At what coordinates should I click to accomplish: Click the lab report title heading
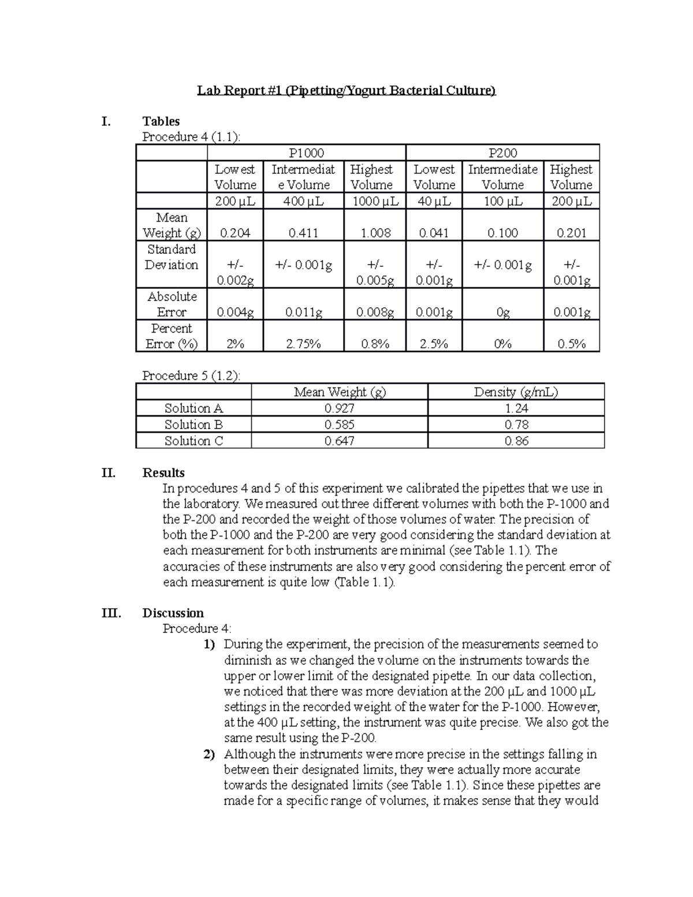pos(346,91)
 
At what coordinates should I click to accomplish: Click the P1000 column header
pos(306,153)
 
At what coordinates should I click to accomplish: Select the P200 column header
pos(502,153)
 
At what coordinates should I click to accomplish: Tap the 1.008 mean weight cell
pos(375,233)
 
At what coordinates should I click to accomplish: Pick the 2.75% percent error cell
pos(303,344)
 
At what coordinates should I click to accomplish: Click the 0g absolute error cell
pos(502,312)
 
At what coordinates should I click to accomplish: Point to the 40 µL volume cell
pos(434,201)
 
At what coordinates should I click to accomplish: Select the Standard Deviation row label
pos(172,257)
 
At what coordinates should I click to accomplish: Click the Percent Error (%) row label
pos(172,336)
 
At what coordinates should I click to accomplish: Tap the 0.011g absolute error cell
pos(303,312)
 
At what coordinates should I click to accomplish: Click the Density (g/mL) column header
pos(516,392)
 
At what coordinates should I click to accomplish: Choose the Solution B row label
pos(193,425)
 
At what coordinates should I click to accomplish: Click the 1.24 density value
pos(516,408)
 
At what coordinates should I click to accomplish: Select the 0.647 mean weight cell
pos(339,441)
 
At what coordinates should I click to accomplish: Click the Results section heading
pos(163,472)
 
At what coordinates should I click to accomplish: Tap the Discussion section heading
pos(173,613)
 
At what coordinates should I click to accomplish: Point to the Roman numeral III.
pos(111,613)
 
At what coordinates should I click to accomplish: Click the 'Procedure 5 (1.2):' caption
pos(191,375)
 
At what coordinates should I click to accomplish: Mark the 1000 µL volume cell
pos(375,201)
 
